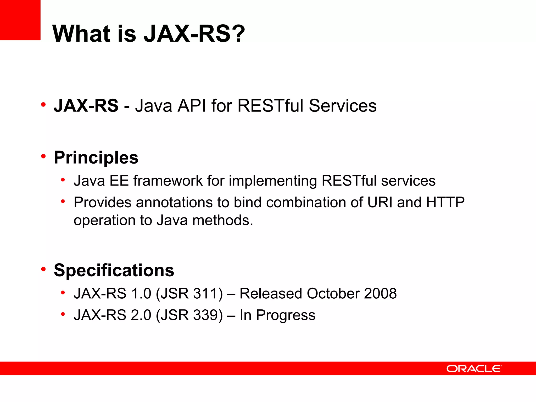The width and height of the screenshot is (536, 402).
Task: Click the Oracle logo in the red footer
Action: click(474, 368)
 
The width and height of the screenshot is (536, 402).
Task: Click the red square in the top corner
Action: click(20, 20)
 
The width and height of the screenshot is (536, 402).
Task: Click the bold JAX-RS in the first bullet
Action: click(86, 105)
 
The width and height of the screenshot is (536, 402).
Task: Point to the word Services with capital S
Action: click(343, 105)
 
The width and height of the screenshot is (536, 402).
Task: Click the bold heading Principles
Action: click(96, 158)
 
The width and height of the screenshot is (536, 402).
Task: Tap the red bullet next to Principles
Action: click(43, 157)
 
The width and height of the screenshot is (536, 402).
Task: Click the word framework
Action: click(168, 181)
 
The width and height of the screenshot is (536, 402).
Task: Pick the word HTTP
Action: click(445, 202)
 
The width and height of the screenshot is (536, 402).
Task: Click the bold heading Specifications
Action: click(114, 270)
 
